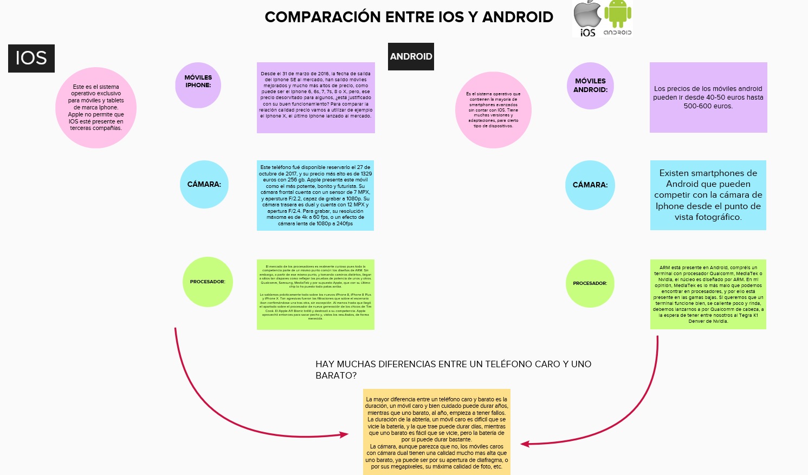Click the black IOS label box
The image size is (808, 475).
click(31, 58)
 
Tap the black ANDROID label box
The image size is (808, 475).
click(411, 56)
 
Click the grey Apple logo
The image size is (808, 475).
click(587, 15)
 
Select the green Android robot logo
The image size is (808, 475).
click(618, 14)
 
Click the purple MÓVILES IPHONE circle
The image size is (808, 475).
click(198, 85)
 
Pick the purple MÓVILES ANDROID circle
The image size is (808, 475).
click(590, 86)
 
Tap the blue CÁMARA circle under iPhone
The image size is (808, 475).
click(204, 184)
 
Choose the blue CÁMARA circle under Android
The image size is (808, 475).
click(590, 185)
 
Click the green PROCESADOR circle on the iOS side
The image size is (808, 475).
click(208, 282)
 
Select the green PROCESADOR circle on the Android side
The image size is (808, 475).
click(590, 283)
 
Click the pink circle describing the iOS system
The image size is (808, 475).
click(96, 108)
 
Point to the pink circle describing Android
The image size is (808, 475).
click(493, 110)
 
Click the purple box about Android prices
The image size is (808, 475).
click(708, 97)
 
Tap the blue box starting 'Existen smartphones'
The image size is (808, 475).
click(708, 195)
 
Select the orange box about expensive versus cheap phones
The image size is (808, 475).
click(437, 432)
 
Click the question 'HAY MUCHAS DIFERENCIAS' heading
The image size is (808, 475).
click(453, 369)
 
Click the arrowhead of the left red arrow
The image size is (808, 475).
click(344, 434)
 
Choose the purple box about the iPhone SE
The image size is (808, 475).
click(316, 97)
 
